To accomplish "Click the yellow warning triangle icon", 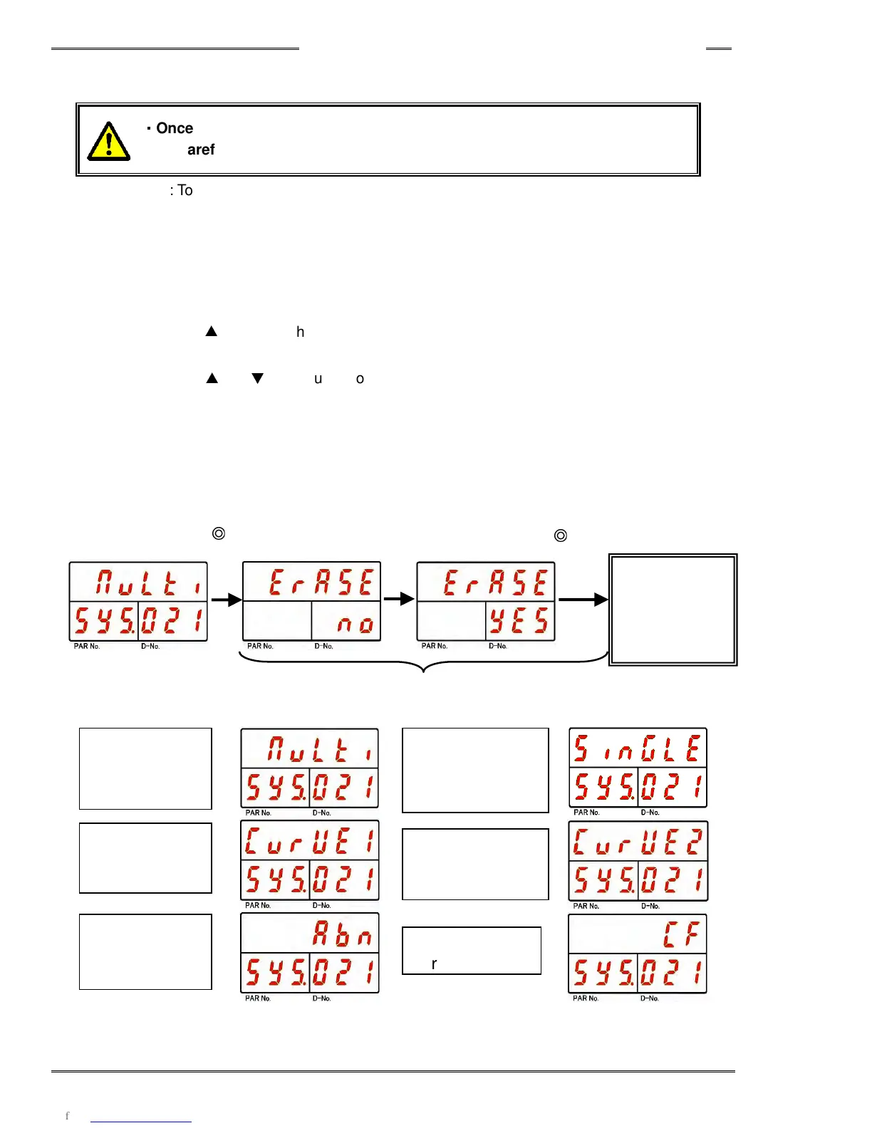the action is click(x=108, y=142).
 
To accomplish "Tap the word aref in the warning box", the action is click(x=201, y=150).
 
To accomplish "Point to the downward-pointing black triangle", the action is click(x=258, y=378).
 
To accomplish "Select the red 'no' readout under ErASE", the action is click(x=355, y=624).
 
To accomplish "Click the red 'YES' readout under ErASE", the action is click(x=520, y=621).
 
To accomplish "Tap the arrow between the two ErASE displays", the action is click(x=399, y=599).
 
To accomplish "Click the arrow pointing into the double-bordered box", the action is click(x=583, y=600).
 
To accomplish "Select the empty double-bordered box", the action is click(x=673, y=610).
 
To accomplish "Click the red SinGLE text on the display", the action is click(x=638, y=749).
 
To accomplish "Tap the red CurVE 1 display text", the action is click(x=310, y=841).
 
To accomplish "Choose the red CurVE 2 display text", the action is click(x=638, y=841).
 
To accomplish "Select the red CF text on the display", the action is click(x=681, y=934).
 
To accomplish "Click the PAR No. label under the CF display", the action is click(x=586, y=998).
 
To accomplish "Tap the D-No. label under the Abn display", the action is click(x=321, y=998).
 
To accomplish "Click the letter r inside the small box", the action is click(x=434, y=964).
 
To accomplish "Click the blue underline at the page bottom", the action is click(x=141, y=1122).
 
